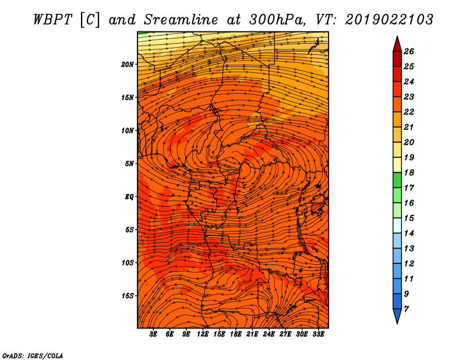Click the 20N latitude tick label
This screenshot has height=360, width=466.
point(128,65)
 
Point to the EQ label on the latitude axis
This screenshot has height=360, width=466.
point(129,197)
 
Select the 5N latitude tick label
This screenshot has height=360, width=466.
point(129,164)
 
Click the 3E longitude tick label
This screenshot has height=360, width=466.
point(153,334)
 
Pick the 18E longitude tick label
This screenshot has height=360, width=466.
point(236,334)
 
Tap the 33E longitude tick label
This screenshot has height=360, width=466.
point(318,334)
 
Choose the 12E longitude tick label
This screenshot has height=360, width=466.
point(203,334)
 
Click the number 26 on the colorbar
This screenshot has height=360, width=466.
point(409,51)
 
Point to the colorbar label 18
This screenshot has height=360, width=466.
point(409,172)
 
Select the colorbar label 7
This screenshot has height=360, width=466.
point(406,309)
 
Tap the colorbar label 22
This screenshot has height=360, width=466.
point(409,112)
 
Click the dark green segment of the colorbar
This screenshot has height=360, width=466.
point(397,180)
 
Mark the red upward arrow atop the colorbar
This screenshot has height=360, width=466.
point(397,44)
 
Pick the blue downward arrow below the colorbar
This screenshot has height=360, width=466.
point(397,316)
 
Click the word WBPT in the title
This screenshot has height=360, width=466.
point(52,20)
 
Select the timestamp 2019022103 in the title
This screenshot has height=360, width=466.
point(389,20)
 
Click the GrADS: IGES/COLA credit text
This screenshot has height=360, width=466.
point(33,356)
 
